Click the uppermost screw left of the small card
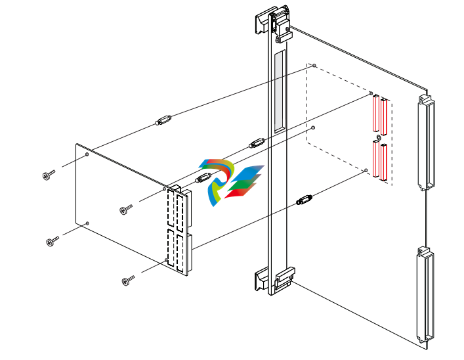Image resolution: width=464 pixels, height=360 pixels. click(x=48, y=175)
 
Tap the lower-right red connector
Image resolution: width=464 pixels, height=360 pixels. click(x=384, y=163)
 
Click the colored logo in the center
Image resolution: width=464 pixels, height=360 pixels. click(x=230, y=182)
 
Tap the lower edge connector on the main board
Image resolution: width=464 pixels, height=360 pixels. click(x=425, y=296)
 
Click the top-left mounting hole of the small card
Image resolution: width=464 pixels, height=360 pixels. click(x=87, y=155)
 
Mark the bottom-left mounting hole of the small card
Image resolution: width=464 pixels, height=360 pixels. click(x=87, y=223)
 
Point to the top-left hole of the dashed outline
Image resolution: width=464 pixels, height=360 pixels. click(x=315, y=66)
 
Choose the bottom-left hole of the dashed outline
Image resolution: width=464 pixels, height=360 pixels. click(x=314, y=127)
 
